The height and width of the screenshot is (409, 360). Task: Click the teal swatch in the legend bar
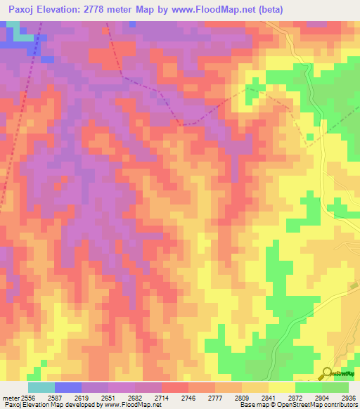41,387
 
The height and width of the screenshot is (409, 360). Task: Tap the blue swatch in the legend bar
67,387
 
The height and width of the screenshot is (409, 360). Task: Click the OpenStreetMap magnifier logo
326,373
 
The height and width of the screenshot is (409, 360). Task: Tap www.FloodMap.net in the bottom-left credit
136,405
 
